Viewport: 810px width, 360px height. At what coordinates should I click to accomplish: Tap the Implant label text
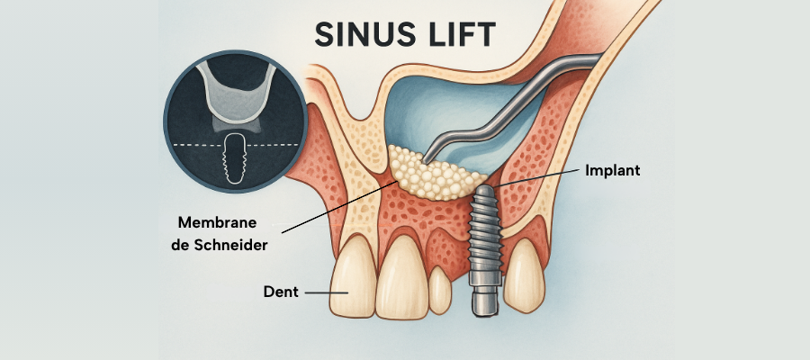612,169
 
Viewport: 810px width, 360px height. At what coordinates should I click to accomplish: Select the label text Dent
281,292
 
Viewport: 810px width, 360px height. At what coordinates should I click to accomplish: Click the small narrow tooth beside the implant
438,290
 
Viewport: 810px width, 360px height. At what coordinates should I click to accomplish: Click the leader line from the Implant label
540,177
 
